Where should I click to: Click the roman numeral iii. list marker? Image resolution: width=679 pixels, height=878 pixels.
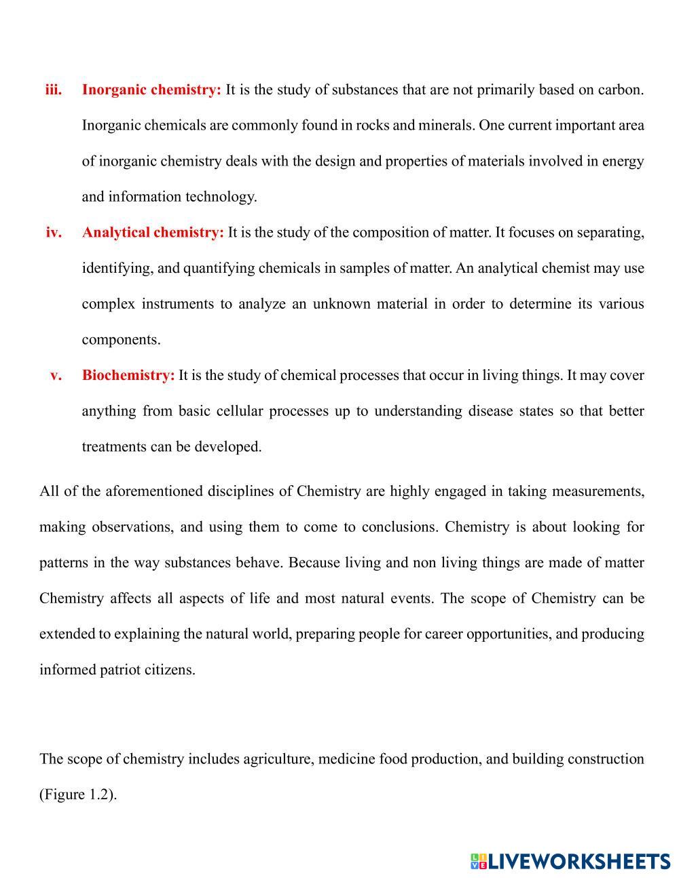point(54,90)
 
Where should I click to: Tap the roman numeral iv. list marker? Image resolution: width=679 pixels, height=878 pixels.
point(54,232)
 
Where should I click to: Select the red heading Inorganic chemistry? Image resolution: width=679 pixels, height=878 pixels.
point(151,90)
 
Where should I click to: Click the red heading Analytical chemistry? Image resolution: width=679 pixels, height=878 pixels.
point(153,232)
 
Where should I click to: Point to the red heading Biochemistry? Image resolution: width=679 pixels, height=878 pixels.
point(128,375)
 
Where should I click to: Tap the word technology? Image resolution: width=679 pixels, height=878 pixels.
point(221,197)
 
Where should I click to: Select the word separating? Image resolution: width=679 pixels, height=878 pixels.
point(609,232)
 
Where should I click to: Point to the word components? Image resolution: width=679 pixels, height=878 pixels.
point(121,339)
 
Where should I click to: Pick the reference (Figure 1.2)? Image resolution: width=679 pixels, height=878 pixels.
point(78,795)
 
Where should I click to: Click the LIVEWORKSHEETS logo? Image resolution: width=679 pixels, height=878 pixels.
point(570,861)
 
